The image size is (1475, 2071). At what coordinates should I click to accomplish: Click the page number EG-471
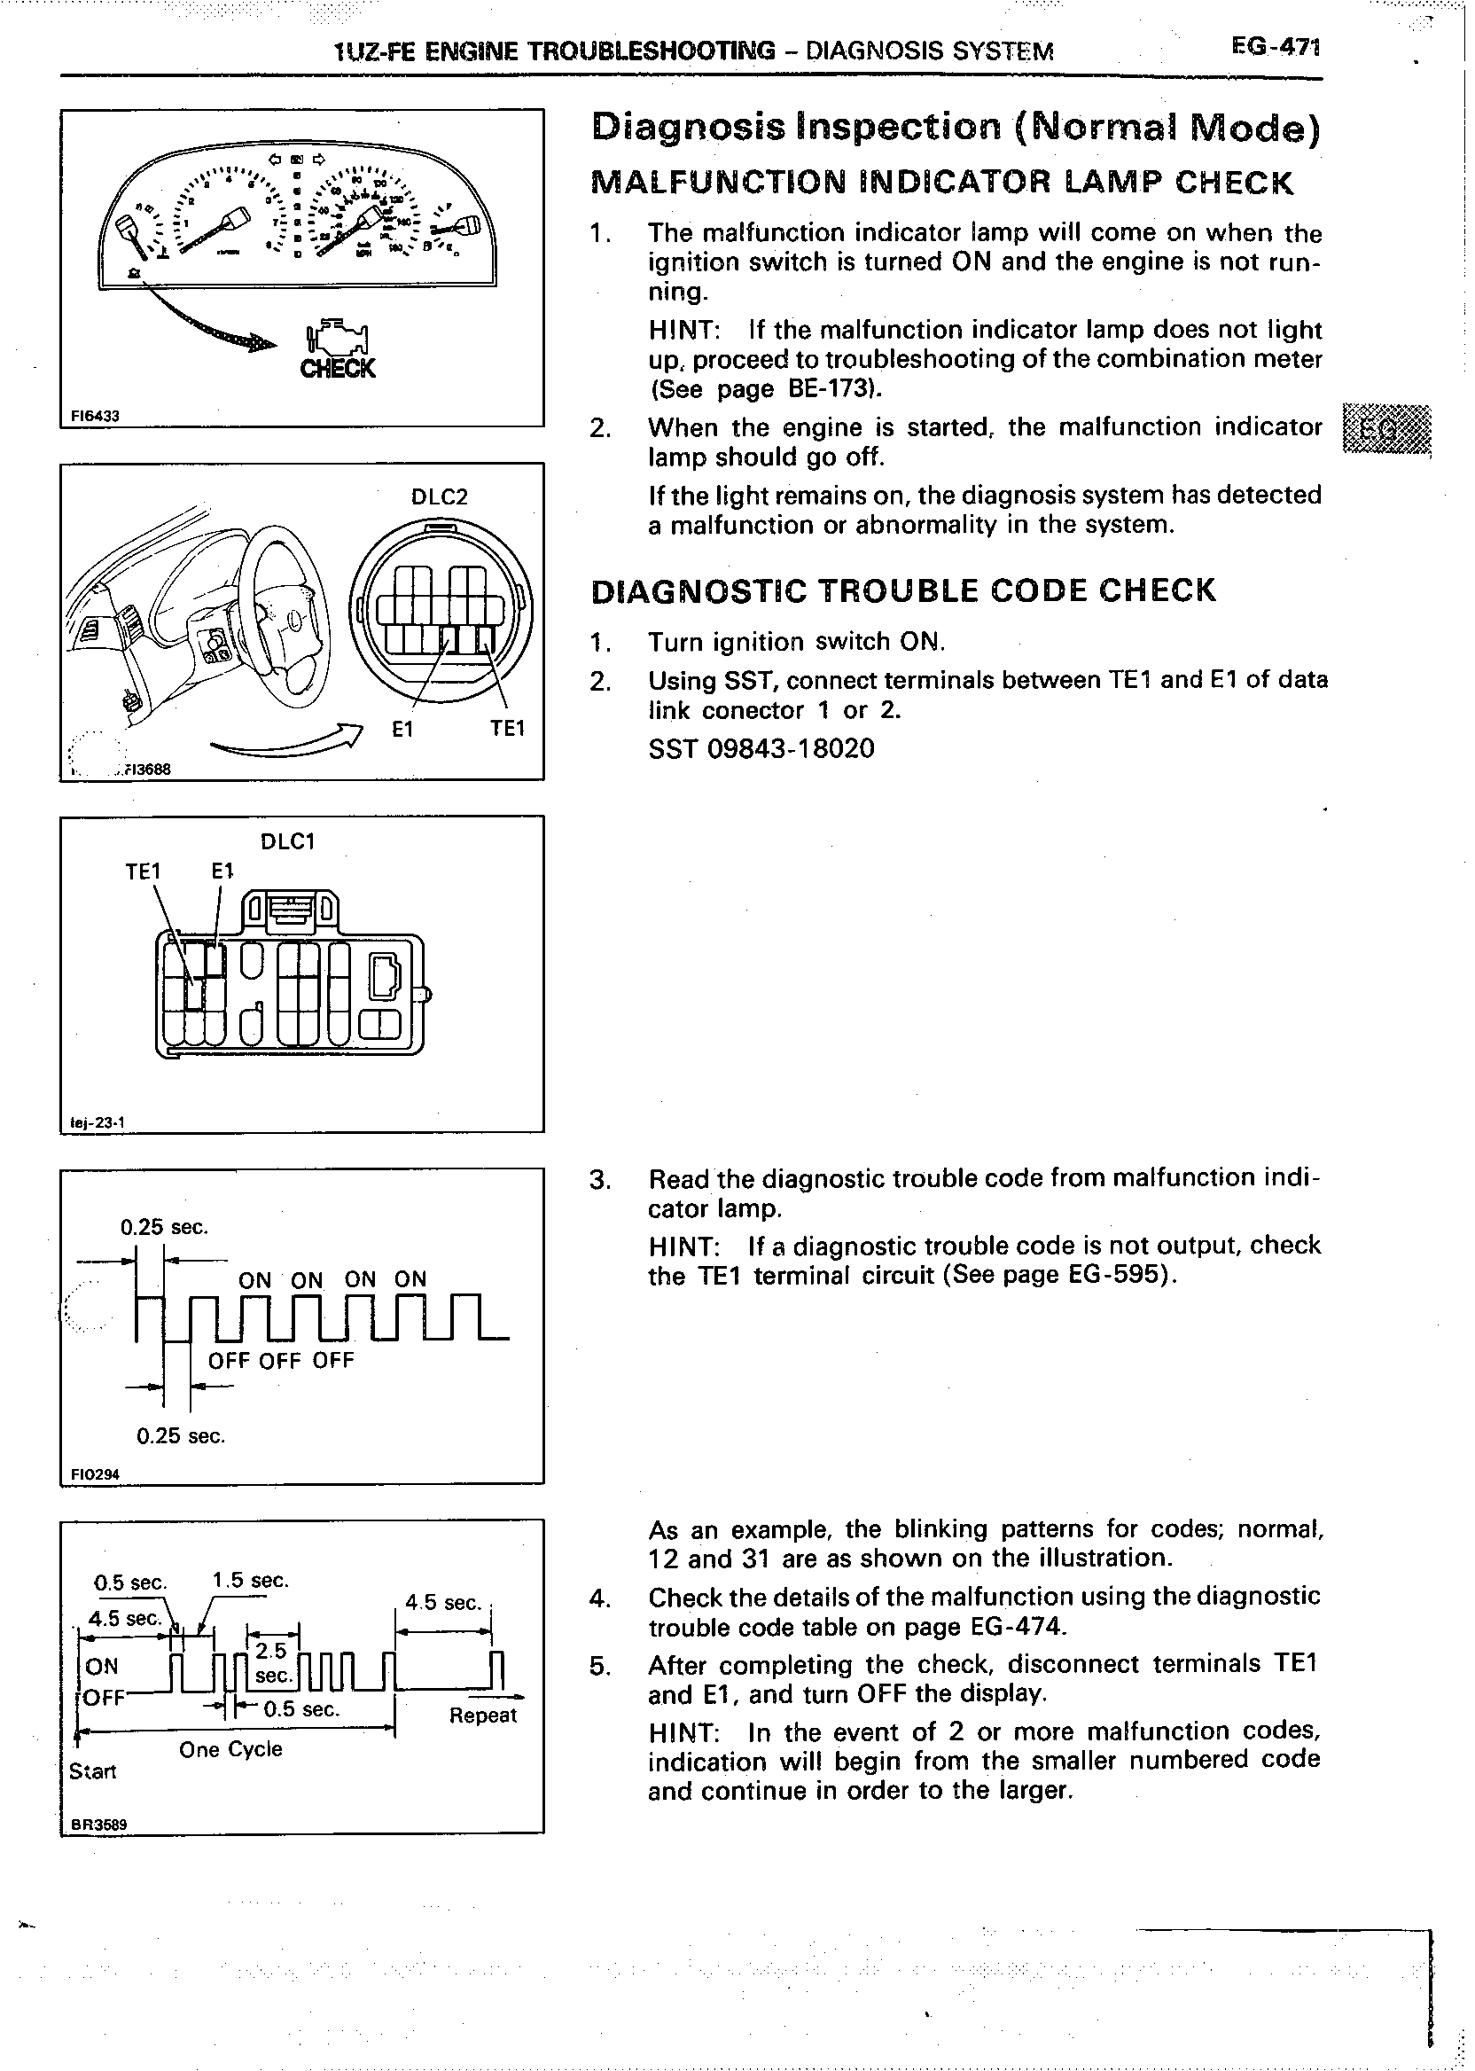(x=1274, y=47)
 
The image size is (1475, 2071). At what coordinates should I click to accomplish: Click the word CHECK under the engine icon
(x=337, y=369)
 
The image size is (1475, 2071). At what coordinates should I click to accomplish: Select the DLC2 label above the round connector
(x=439, y=496)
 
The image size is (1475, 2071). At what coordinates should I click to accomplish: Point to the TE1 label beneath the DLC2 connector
(x=507, y=730)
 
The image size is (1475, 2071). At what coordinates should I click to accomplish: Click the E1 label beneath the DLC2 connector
(x=402, y=730)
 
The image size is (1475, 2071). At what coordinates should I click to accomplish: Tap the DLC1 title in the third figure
(x=287, y=841)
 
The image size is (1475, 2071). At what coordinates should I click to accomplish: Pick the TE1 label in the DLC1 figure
(x=143, y=872)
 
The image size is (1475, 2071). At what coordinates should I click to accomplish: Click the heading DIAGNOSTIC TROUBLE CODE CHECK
(x=901, y=590)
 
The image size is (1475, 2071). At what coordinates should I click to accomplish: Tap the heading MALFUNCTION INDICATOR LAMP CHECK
(x=941, y=184)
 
